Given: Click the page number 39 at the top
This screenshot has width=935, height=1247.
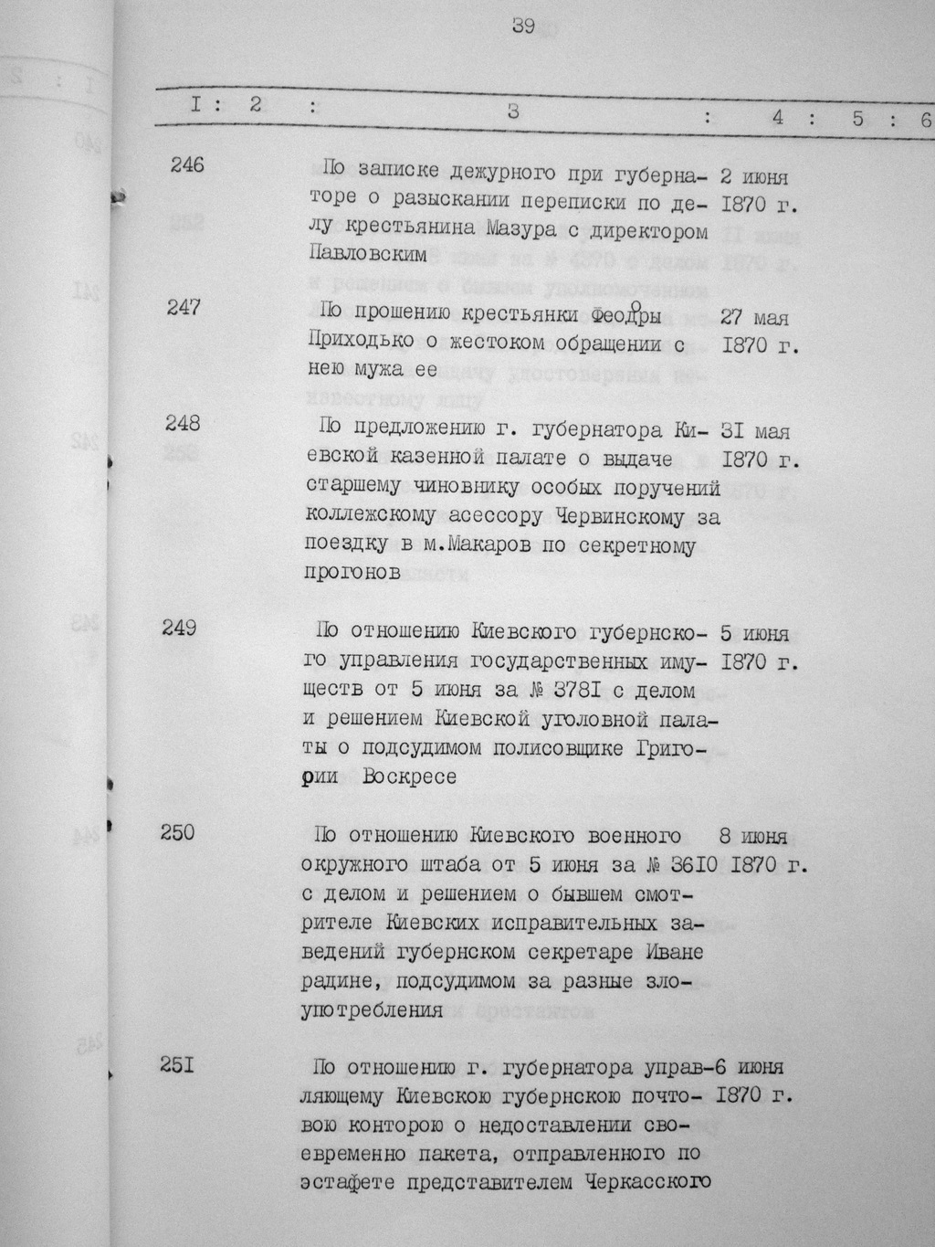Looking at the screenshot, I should pos(523,27).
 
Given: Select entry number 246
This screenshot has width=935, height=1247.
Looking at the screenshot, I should pos(186,165).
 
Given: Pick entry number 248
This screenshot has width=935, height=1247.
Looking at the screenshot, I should pos(183,423).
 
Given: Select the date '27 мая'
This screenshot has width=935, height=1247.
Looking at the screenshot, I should pos(755,319).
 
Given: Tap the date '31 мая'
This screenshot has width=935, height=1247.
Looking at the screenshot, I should pos(755,432).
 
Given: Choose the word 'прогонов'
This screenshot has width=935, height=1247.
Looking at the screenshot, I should pos(351,574).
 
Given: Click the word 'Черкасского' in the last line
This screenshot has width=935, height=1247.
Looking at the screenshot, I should pos(652,1181).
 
